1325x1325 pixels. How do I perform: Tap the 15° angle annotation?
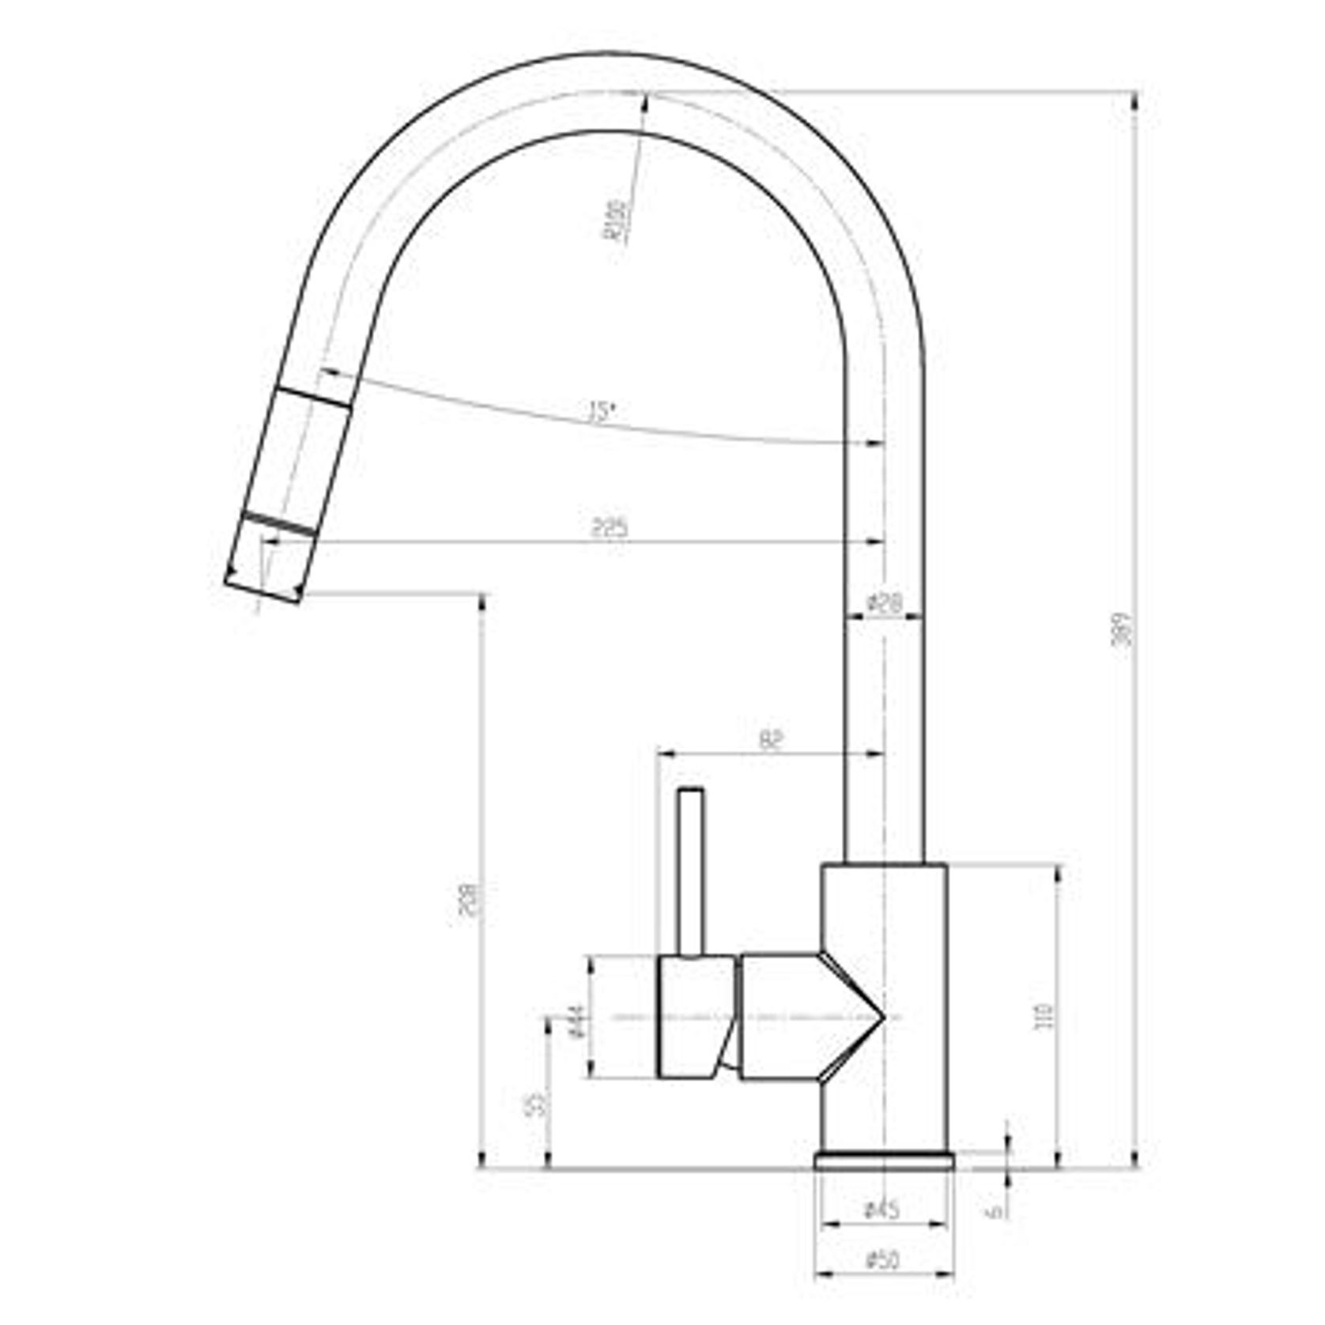pos(602,413)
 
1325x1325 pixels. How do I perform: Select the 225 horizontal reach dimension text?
pos(610,528)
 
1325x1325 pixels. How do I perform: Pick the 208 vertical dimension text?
pos(470,899)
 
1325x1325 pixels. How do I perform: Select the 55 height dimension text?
pos(536,1104)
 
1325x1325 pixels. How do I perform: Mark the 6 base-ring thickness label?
pos(998,1210)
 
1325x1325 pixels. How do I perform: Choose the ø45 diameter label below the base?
pos(882,1210)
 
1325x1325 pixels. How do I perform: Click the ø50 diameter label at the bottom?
pos(882,1259)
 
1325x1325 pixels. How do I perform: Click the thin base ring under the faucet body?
pos(884,1160)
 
